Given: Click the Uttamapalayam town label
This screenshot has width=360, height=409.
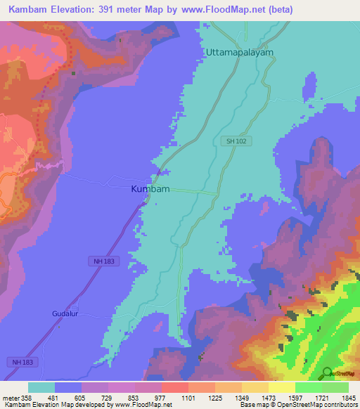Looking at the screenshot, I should coord(239,52).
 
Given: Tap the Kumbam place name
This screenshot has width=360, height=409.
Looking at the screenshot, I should coord(150,189).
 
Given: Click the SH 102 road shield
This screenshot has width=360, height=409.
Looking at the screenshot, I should coord(236,142).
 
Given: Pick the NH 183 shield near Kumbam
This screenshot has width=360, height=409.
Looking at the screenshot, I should coord(104,261).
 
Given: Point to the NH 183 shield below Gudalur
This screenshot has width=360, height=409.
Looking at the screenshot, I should coord(20,362).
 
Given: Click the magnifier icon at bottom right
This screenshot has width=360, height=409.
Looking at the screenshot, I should coord(328,372).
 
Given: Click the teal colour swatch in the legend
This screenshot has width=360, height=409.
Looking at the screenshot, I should coord(41,387).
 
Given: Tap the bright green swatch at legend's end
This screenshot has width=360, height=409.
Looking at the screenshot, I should coord(335,387).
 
